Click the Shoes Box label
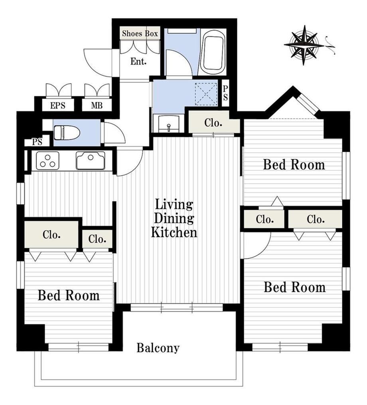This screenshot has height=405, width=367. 140,33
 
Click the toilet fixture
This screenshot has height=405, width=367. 67,133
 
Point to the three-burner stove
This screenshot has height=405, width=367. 47,160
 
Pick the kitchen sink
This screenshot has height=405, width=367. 91,160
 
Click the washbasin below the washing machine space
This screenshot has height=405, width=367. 169,123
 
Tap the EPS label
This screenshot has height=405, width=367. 58,106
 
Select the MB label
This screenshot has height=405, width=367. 97,106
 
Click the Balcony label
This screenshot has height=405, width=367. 158,348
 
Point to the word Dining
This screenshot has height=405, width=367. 174,218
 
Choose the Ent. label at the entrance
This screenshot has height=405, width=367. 138,61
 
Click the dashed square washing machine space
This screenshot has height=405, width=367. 206,94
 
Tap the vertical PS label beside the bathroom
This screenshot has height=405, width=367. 225,93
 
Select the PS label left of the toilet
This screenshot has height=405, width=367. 37,142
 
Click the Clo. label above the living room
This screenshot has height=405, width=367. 213,123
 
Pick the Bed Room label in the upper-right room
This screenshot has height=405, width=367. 294,164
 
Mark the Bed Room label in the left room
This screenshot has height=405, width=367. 69,295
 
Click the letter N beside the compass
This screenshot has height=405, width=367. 330,45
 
